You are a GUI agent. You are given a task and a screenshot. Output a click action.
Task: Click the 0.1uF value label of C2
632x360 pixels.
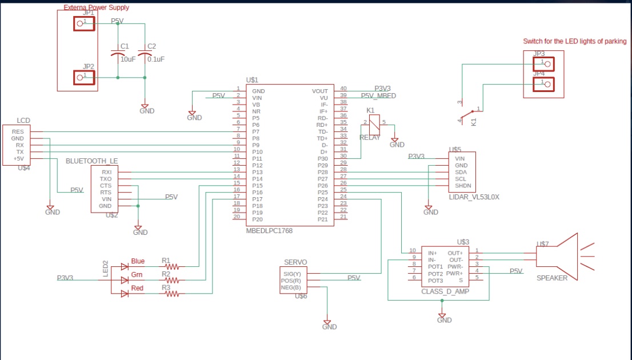pos(155,59)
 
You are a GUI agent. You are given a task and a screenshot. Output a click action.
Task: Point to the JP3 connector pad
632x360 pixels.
pos(544,63)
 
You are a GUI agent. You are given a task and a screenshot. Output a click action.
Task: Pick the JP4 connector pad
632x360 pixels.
pos(544,84)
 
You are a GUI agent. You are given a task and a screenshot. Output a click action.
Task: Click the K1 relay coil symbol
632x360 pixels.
pos(374,125)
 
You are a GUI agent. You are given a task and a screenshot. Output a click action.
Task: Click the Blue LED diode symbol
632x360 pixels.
pos(125,266)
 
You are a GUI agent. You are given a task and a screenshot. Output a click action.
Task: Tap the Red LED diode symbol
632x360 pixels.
pos(125,294)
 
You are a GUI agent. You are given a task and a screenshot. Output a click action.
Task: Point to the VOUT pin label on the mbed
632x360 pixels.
pos(320,91)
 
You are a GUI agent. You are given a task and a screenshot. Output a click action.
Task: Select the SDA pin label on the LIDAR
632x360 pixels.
pos(461,172)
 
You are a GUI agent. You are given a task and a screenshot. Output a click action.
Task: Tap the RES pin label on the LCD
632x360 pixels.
pos(18,131)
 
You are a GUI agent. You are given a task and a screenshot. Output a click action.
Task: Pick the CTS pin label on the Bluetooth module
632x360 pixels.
pos(106,186)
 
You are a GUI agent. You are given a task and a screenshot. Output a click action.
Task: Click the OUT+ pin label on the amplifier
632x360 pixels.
pos(455,253)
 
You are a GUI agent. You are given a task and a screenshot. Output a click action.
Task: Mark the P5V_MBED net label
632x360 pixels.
pos(378,96)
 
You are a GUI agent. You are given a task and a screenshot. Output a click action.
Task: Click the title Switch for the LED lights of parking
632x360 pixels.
pos(574,41)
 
